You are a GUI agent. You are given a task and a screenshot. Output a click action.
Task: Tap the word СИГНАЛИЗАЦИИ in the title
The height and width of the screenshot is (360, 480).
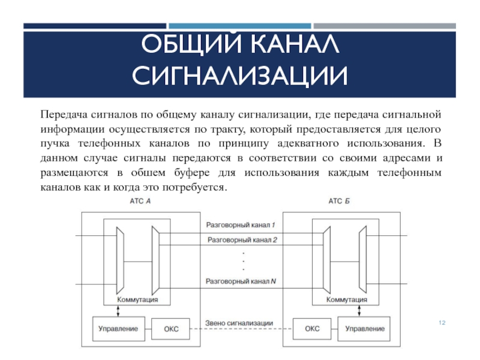click(x=239, y=77)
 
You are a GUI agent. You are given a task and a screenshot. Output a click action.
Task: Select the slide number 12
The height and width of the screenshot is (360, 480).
click(x=442, y=323)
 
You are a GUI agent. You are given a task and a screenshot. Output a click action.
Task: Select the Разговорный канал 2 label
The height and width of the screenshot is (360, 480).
click(x=239, y=239)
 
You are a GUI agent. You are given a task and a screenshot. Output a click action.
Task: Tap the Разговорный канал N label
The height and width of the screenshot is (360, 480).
click(x=239, y=280)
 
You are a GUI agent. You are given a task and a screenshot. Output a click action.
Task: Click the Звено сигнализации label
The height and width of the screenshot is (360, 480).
click(x=239, y=323)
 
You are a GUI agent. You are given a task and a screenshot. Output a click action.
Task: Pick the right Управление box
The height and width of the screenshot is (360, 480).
click(x=365, y=329)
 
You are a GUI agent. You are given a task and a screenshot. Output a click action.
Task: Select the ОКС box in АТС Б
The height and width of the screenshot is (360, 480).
click(x=312, y=329)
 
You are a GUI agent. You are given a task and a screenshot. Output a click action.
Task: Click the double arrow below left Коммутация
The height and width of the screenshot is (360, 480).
click(x=119, y=310)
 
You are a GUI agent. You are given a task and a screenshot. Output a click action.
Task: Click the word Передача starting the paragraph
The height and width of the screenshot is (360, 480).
click(x=63, y=114)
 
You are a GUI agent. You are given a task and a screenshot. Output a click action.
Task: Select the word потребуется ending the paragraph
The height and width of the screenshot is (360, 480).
click(x=197, y=188)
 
